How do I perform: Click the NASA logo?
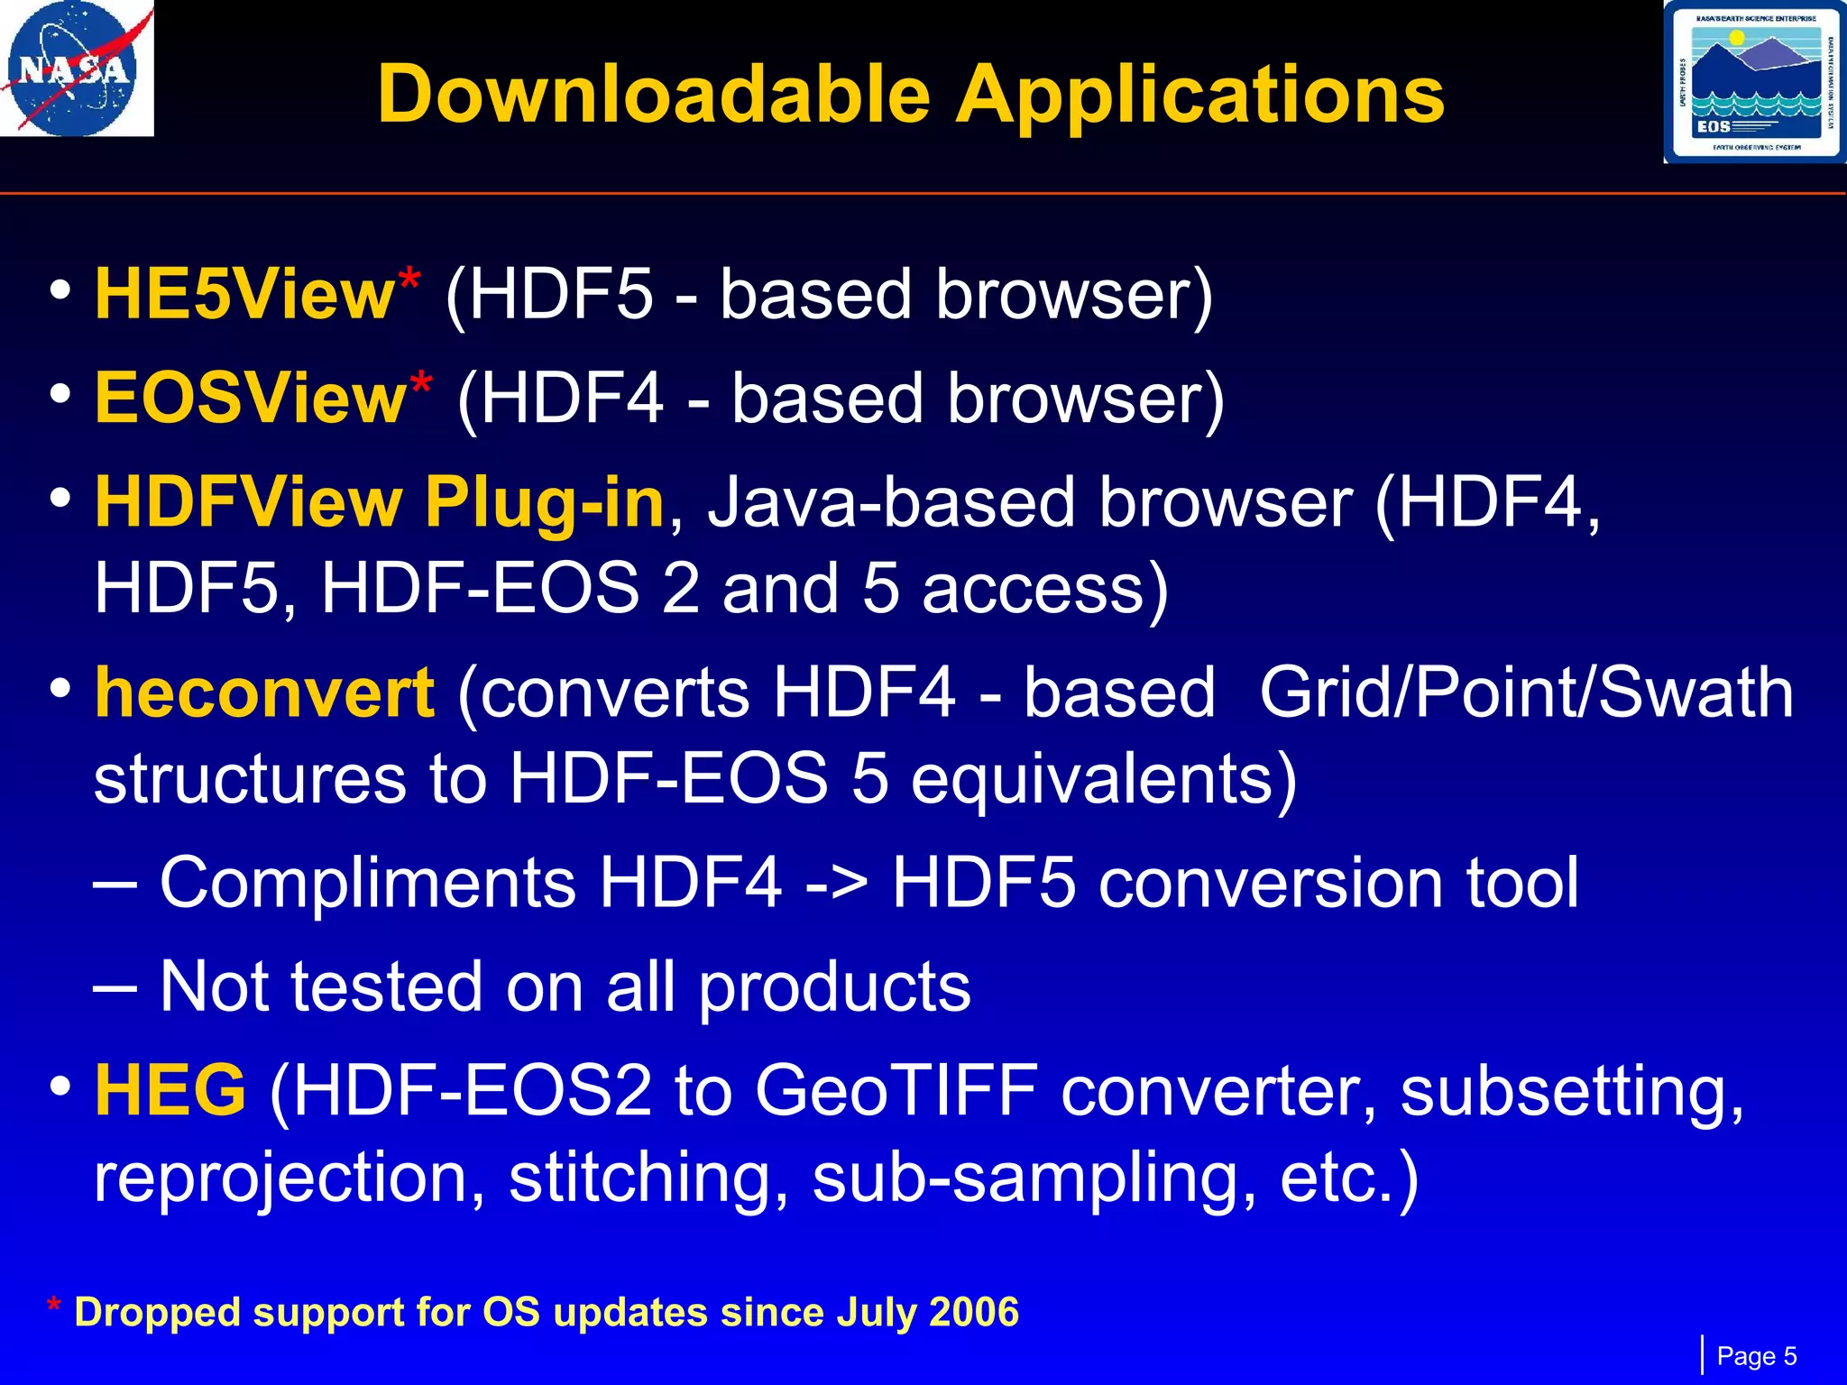coord(76,69)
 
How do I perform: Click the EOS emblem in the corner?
coord(1753,82)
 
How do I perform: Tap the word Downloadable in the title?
coord(653,94)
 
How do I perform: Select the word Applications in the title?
coord(1199,94)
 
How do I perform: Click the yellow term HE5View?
coord(244,294)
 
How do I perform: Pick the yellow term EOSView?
coord(251,398)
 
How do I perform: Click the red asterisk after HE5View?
coord(409,278)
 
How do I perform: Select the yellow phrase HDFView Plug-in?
coord(380,501)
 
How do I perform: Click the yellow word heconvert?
coord(264,692)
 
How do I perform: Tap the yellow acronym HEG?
coord(170,1089)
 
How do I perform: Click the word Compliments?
coord(368,882)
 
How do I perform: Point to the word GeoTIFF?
coord(896,1089)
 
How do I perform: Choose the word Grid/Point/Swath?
coord(1526,692)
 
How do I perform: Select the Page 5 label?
coord(1756,1356)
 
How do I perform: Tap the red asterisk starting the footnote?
coord(55,1307)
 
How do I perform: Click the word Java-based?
coord(894,501)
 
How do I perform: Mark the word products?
coord(834,986)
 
